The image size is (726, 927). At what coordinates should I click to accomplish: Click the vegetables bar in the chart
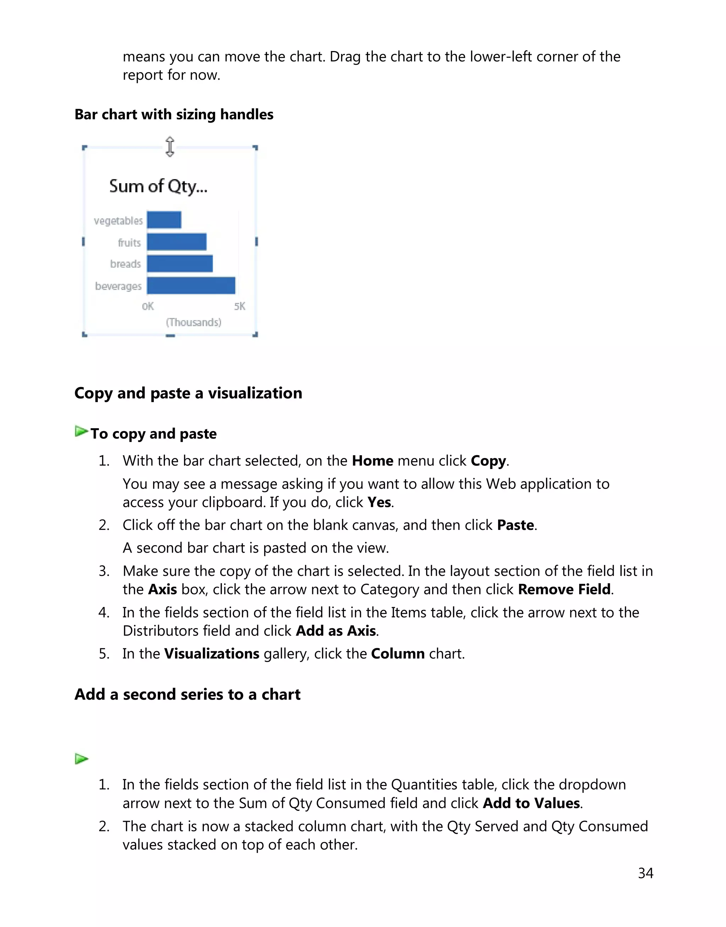[164, 220]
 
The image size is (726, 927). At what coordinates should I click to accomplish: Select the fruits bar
[177, 242]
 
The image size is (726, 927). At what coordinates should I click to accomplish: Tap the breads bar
[179, 264]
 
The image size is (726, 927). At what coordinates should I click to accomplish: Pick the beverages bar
[191, 286]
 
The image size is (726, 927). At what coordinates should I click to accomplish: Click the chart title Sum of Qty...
[158, 186]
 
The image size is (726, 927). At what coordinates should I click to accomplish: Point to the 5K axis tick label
[240, 306]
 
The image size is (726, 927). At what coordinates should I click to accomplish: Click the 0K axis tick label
[148, 306]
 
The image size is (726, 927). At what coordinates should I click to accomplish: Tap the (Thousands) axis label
[194, 322]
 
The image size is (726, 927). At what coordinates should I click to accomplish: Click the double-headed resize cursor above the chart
[169, 147]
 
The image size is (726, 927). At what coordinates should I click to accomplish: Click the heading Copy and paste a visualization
[188, 393]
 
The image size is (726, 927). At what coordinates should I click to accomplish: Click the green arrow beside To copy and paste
[81, 431]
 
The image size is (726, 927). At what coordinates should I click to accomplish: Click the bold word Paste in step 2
[515, 525]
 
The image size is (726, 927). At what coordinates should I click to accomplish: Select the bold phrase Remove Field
[564, 589]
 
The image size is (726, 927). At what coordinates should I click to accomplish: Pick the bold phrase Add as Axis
[336, 631]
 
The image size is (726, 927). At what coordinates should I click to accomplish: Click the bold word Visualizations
[212, 653]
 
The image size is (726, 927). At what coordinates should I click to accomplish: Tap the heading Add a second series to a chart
[187, 694]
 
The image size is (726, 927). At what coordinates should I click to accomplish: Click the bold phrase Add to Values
[531, 803]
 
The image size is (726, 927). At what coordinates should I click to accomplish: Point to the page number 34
[645, 873]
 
